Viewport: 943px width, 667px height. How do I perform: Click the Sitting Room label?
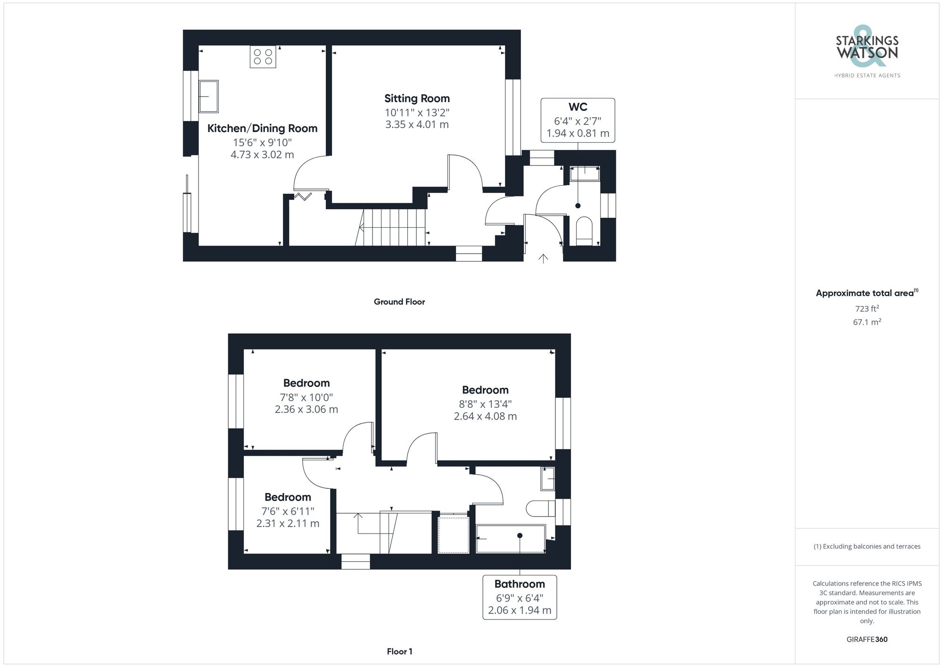pos(417,99)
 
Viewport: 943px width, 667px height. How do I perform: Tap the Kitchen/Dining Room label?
pos(262,128)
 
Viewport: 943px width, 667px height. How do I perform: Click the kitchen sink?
pos(208,96)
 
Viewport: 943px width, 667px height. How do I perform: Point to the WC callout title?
pos(578,107)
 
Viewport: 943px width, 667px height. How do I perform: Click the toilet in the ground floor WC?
pos(584,231)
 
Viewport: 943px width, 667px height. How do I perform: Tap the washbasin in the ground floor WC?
pos(585,173)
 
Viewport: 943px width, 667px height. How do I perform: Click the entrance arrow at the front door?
pos(543,258)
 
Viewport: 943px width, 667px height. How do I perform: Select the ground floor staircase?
pos(393,228)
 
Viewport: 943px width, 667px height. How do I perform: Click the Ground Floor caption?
pos(399,302)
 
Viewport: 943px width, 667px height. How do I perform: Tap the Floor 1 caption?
pos(399,651)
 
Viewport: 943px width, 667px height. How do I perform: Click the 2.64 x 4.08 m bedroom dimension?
pos(485,416)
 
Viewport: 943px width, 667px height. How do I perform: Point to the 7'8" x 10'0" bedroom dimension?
pos(306,397)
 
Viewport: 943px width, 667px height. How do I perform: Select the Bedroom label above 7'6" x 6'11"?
pos(288,497)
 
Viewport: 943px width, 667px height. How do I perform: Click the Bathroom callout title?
pos(520,584)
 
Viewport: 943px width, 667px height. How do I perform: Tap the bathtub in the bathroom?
pos(510,538)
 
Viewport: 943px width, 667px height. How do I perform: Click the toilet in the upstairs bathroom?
pos(539,508)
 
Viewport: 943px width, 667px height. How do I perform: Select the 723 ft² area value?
pos(867,309)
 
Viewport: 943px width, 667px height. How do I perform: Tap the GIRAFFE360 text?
pos(867,640)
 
